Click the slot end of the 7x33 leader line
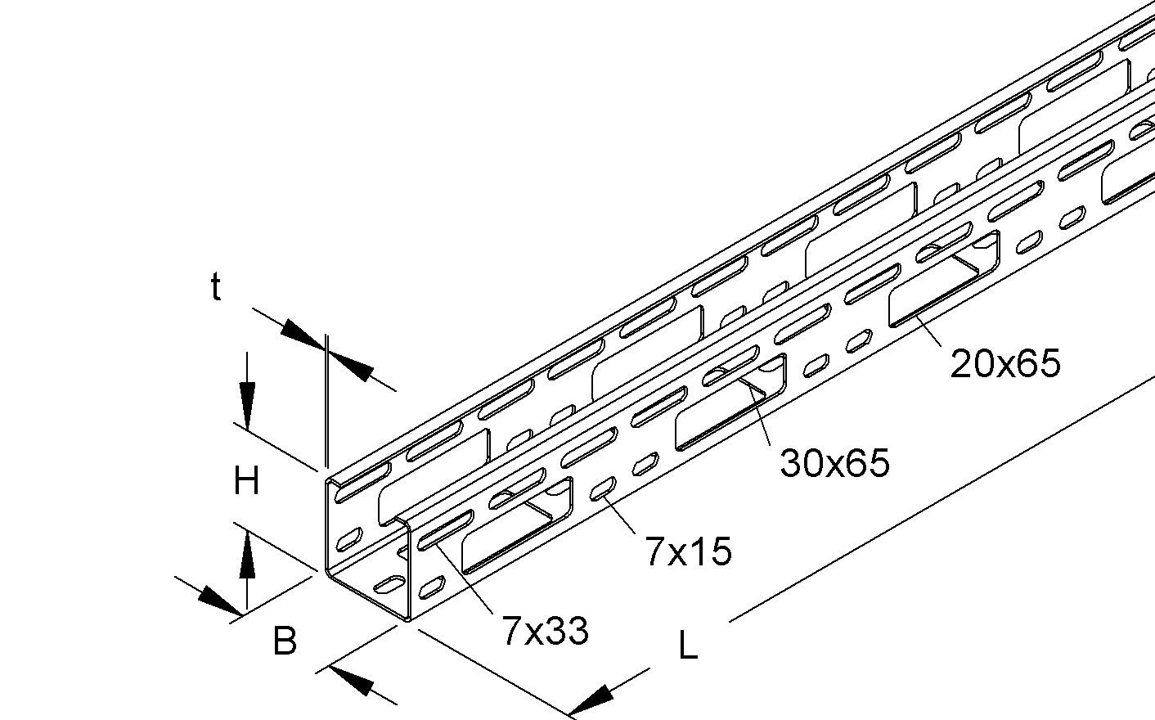(437, 543)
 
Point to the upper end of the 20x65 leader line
(915, 316)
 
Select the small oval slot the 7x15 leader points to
(603, 489)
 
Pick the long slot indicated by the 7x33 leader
(446, 530)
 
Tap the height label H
(246, 481)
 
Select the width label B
(285, 641)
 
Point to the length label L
(689, 646)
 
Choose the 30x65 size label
(835, 462)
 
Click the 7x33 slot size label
(546, 631)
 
